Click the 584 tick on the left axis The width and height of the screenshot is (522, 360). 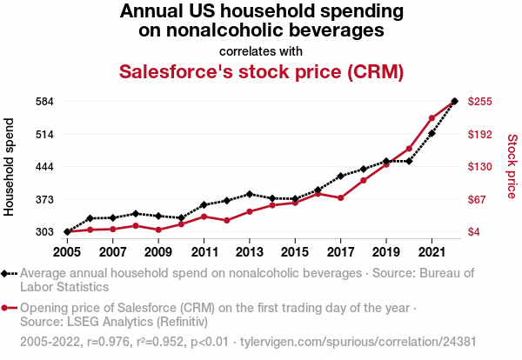point(43,101)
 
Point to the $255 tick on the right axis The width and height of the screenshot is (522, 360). point(480,101)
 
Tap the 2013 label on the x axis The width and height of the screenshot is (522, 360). point(250,252)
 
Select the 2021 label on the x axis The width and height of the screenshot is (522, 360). point(432,252)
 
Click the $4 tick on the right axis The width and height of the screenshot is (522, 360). point(476,232)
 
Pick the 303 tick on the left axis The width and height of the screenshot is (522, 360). point(43,232)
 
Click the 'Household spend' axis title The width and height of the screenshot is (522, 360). point(10,166)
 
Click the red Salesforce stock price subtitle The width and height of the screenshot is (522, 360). point(261,71)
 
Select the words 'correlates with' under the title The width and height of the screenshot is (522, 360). point(261,50)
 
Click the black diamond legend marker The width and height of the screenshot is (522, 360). point(6,273)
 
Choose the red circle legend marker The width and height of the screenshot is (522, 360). point(6,308)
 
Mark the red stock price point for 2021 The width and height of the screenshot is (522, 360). point(432,118)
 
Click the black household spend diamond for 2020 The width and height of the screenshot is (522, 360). point(409,161)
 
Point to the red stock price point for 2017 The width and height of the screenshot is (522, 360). point(341,198)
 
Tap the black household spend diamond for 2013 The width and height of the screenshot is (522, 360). point(250,194)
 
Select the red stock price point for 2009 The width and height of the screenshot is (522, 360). point(158,230)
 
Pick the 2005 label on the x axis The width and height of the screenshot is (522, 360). point(67,252)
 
